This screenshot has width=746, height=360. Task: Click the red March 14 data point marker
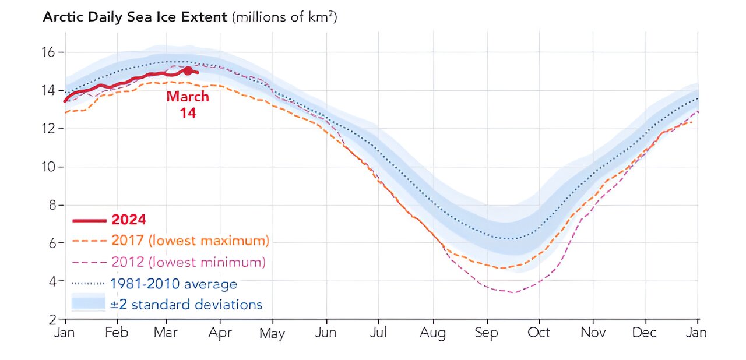pos(188,70)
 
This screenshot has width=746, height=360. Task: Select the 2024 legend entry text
pos(128,220)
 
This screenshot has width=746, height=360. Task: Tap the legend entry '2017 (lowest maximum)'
pos(189,241)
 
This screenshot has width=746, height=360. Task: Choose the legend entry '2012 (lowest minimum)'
pos(188,262)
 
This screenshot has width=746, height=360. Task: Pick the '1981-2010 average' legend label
pos(173,284)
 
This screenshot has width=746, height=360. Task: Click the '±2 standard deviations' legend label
pos(186,304)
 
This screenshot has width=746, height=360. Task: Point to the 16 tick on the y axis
pos(48,52)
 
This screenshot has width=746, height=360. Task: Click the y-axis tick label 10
pos(48,167)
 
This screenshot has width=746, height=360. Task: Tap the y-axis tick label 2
pos(51,319)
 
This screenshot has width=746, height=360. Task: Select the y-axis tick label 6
pos(51,243)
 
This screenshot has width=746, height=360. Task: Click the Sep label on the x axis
pos(486,333)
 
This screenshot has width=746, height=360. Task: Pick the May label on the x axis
pos(272,333)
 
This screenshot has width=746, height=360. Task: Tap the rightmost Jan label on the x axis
pos(696,333)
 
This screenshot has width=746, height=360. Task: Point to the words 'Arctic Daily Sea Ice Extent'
pos(135,17)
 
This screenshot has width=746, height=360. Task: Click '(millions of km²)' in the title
pos(285,17)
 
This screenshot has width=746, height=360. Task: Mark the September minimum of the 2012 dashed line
pos(512,292)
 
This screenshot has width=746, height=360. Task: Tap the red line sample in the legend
pos(89,220)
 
